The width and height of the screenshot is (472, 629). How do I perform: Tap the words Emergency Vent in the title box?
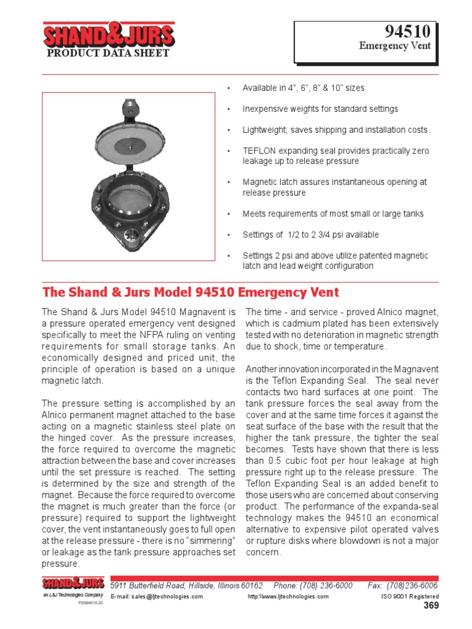click(395, 47)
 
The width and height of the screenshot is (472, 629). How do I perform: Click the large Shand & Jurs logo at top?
click(109, 36)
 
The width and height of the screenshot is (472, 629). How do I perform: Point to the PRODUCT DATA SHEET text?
click(108, 53)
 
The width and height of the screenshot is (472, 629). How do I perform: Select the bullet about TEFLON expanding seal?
click(336, 156)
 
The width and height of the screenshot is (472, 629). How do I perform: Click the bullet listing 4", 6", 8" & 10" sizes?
click(303, 88)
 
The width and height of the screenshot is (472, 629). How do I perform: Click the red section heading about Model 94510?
click(190, 292)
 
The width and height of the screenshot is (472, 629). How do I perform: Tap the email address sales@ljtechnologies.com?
click(157, 597)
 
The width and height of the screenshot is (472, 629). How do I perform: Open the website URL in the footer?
click(288, 597)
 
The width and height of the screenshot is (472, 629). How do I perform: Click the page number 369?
click(431, 607)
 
